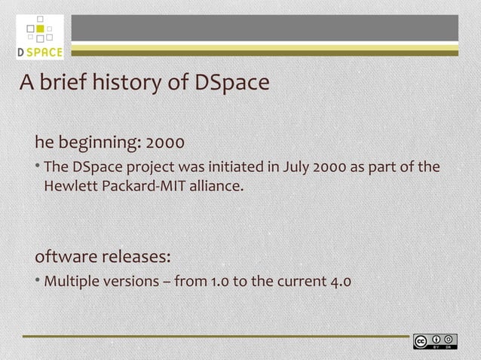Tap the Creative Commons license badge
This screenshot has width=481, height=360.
point(435,341)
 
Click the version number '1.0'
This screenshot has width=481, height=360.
point(220,282)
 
